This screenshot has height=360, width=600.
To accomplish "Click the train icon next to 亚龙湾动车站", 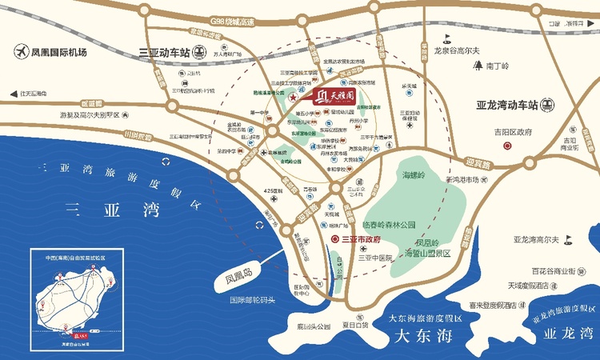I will [x=548, y=104].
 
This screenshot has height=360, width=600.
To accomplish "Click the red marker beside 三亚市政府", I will [x=334, y=238].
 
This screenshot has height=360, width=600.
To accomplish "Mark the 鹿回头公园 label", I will [x=313, y=326].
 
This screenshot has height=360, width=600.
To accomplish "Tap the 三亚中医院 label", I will [x=376, y=258].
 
